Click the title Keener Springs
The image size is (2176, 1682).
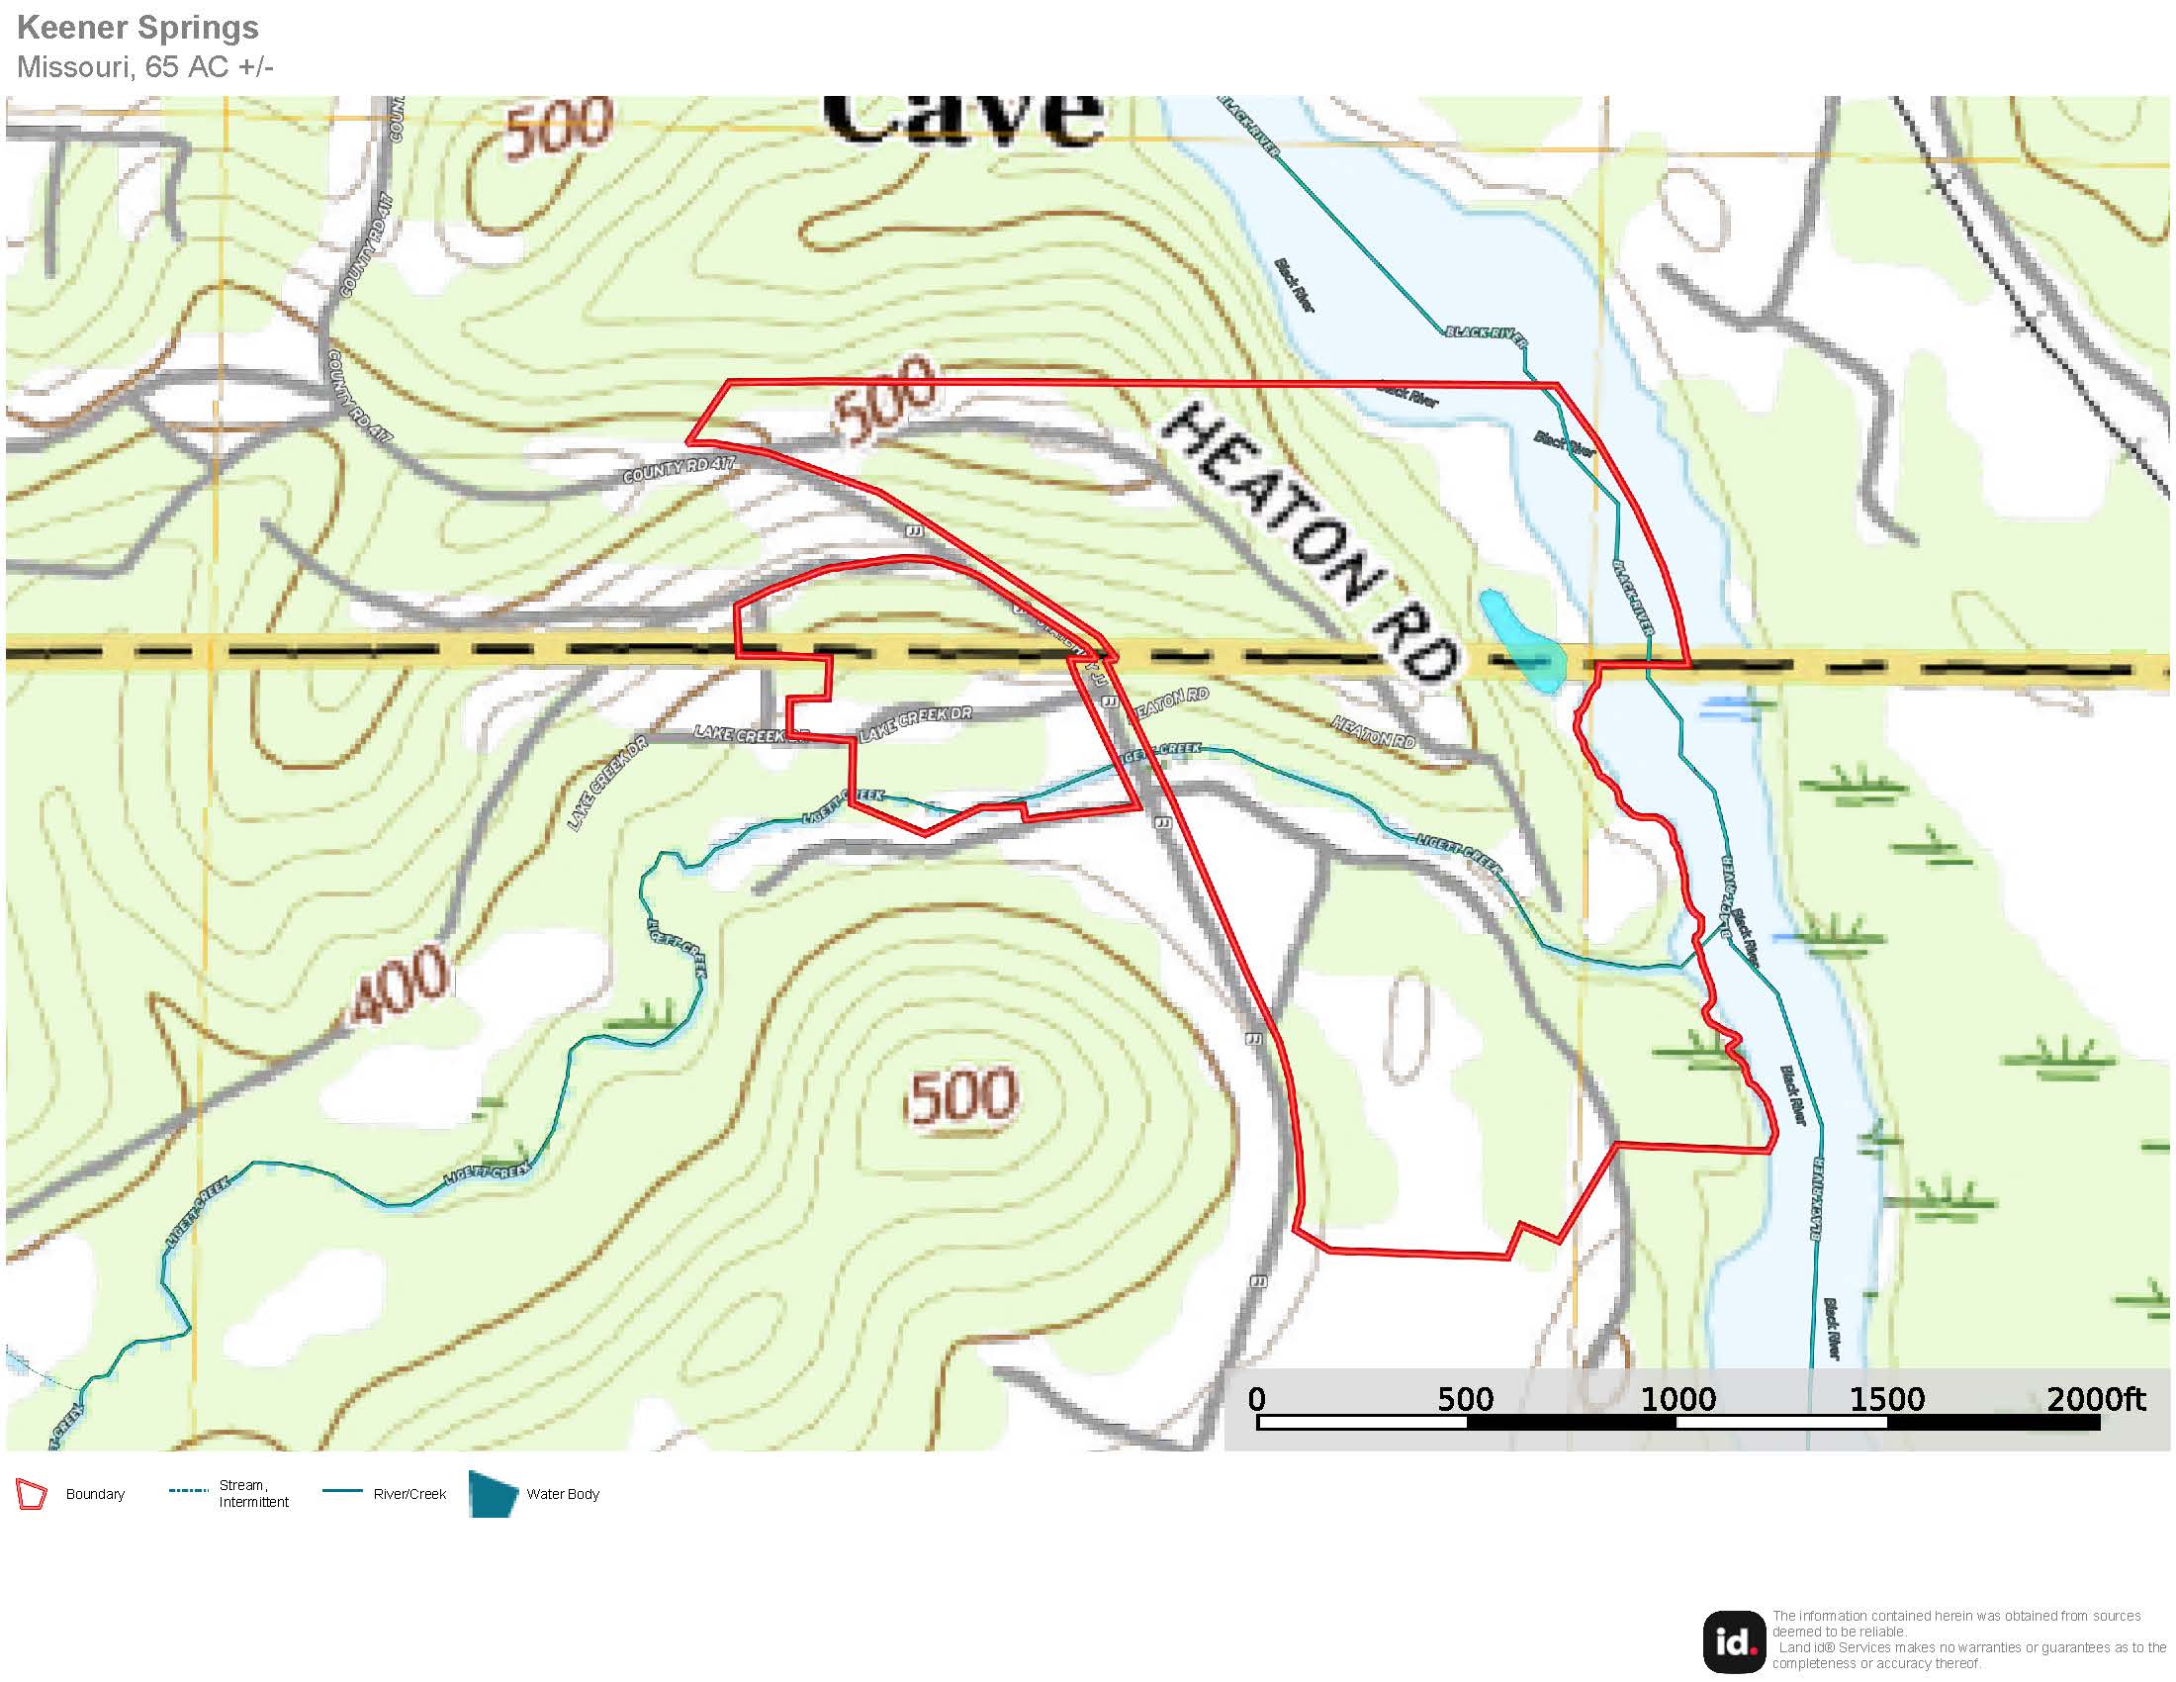(137, 28)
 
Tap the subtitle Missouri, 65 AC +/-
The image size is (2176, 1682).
(145, 66)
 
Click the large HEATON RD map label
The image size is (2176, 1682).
(1310, 544)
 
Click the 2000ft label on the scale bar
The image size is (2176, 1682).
(2095, 1400)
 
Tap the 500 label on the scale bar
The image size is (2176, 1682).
(1465, 1400)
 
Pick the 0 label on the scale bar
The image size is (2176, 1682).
(1256, 1400)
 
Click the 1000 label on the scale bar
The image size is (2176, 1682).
(1677, 1400)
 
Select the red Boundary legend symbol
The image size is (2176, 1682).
(32, 1495)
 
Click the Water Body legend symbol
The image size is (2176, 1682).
(494, 1495)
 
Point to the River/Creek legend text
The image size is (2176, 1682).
(409, 1495)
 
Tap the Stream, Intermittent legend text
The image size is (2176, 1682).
(253, 1494)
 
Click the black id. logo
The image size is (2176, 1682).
(1735, 1642)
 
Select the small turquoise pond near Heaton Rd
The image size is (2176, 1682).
(1520, 642)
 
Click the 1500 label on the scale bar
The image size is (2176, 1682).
(1887, 1400)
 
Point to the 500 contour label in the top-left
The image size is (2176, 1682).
(558, 129)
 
